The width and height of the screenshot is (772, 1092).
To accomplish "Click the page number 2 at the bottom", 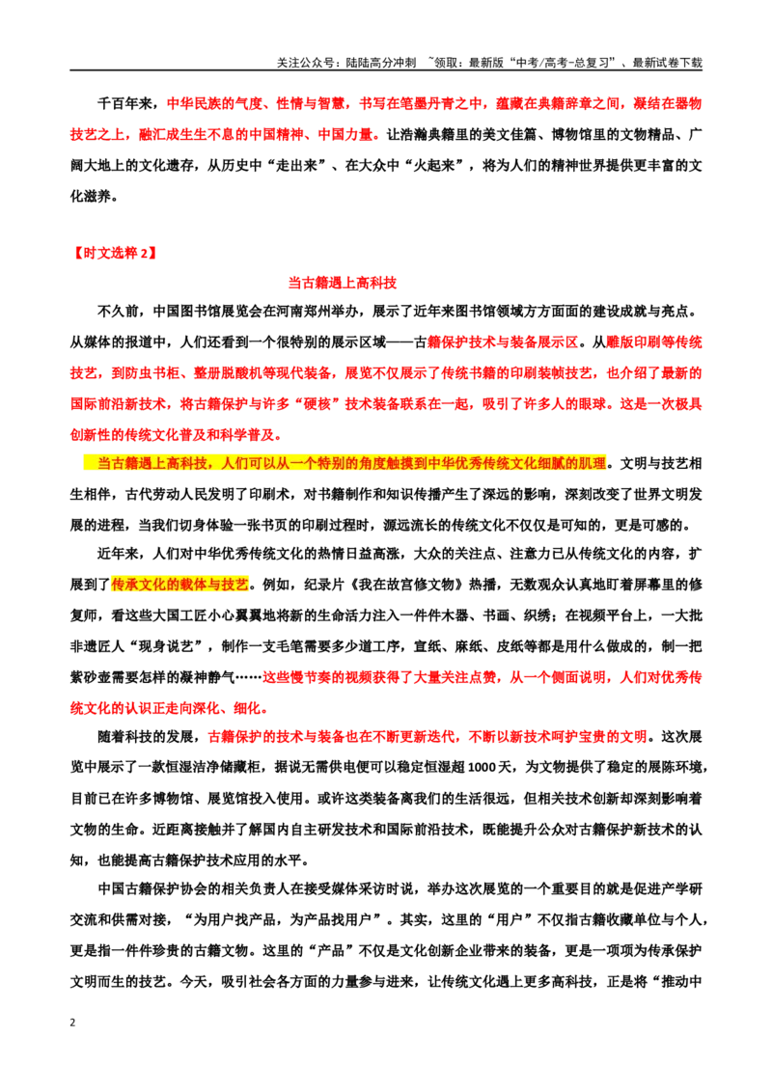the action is point(72,1023).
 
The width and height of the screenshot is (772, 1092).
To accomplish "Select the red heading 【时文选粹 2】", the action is point(114,253).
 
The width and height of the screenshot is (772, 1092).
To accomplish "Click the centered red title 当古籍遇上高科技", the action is point(343,283).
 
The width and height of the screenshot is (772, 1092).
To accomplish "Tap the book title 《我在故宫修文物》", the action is point(405,585).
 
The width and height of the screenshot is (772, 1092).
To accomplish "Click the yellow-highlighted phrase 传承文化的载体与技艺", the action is point(179,585).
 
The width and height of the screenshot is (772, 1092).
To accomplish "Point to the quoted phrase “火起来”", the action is point(441,166).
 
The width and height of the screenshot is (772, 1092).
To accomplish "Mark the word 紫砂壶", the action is point(91,677).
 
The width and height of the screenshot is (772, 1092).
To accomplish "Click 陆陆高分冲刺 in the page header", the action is point(380,63).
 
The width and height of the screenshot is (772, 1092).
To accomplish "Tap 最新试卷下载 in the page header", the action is point(667,63).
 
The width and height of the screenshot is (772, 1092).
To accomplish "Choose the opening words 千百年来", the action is point(124,104).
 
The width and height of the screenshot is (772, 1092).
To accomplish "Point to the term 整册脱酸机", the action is point(228,373).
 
